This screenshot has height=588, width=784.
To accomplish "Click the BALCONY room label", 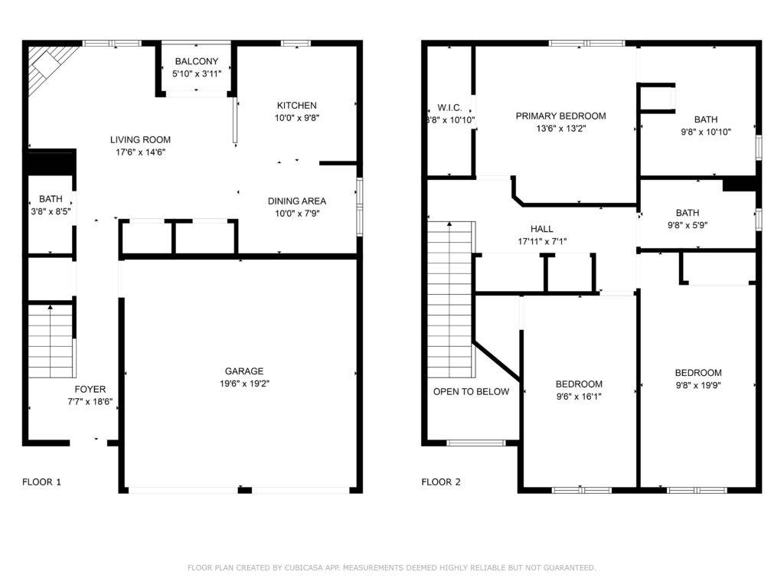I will (197, 61).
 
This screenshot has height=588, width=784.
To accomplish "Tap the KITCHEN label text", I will (296, 106).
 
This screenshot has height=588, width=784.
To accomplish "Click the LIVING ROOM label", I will (140, 140).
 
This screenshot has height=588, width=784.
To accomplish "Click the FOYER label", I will (90, 390).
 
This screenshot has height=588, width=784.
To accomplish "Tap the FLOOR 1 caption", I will (41, 482).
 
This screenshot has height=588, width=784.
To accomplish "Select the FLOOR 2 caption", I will (441, 482).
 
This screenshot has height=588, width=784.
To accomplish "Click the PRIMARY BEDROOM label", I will (560, 116).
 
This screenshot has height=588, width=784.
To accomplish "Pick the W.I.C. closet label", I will (449, 108).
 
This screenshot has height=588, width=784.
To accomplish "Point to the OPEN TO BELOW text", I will (471, 392).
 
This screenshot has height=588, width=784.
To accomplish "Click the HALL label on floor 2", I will (541, 229).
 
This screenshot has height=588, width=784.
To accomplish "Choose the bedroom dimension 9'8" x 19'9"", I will (698, 385).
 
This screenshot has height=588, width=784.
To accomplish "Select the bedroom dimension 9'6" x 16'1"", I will (579, 397).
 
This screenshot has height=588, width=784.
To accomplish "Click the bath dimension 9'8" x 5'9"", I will (698, 225).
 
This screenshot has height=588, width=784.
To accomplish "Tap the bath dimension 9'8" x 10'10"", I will (706, 132).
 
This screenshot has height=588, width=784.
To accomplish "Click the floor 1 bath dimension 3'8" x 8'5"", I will (51, 211).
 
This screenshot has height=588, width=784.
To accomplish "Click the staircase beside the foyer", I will (51, 341).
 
